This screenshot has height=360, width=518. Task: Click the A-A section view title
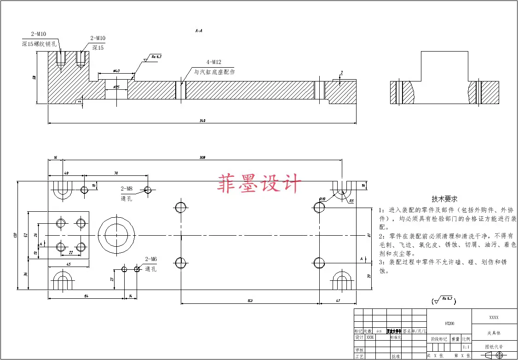[x=199, y=31]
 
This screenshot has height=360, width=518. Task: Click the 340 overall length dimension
[x=202, y=121]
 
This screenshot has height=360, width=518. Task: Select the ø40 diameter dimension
[x=116, y=71]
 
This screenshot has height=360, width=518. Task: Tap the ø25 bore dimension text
[x=116, y=87]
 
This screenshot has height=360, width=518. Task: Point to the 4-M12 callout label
[x=214, y=62]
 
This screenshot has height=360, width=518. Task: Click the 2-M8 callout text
[x=127, y=189]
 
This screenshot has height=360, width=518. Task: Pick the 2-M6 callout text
[x=151, y=259]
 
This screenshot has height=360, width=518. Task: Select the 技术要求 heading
[x=444, y=199]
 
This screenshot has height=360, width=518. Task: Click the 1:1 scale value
[x=466, y=347]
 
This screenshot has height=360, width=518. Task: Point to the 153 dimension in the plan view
[x=250, y=301]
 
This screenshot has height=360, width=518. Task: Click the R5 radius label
[x=351, y=201]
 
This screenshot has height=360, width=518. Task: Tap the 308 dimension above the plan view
[x=202, y=157]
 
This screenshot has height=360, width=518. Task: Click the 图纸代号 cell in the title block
[x=495, y=347]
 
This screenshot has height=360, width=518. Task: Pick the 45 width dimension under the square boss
[x=69, y=264]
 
